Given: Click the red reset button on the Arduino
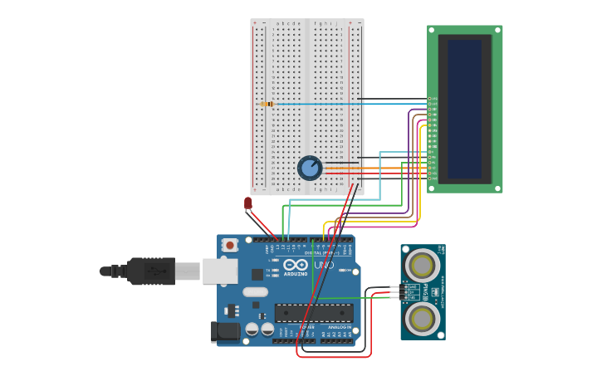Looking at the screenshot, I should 230,245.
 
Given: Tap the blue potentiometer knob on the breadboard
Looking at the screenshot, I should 310,168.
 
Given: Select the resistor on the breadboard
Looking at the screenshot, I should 267,104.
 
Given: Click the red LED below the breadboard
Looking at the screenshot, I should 247,203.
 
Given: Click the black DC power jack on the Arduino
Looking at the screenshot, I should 224,331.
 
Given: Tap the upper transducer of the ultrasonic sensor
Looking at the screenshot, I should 423,266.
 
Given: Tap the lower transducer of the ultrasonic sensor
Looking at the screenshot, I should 423,318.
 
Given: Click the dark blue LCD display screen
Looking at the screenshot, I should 464,109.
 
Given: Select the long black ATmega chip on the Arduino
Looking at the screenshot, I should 314,313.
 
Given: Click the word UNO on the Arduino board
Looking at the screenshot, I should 324,266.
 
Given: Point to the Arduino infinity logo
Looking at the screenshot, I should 296,265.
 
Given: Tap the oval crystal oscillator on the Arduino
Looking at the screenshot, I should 256,292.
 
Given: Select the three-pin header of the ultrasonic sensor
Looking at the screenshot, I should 406,291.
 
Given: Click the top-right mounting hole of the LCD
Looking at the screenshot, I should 497,30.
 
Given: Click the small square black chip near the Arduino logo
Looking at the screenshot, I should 257,274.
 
